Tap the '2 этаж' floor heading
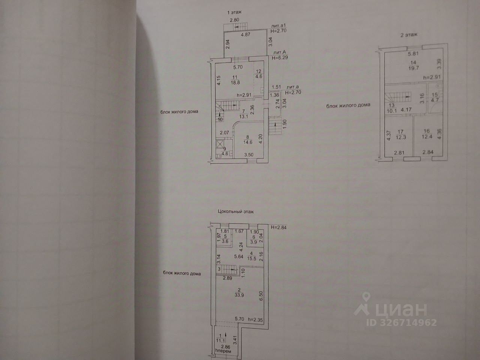409,34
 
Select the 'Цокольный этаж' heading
236,211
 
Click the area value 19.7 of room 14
413,69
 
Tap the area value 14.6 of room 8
238,142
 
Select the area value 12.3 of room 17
401,137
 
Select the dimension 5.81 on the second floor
414,53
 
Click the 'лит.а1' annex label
279,25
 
